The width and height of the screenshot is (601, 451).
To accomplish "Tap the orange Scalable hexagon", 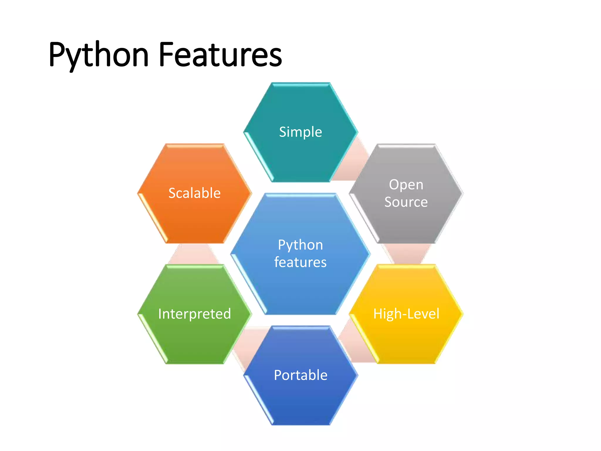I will click(x=195, y=217).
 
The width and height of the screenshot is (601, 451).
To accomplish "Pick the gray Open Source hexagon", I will click(x=406, y=223).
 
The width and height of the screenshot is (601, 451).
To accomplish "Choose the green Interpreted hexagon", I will click(x=195, y=338).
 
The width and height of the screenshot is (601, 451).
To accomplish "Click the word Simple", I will click(x=300, y=132).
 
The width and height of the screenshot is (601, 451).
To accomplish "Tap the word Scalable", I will click(x=195, y=193).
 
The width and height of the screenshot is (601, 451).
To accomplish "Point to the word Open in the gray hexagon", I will click(x=406, y=185).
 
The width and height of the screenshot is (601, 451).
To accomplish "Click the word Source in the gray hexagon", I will click(x=406, y=202).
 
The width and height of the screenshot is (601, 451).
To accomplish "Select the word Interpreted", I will click(x=195, y=314).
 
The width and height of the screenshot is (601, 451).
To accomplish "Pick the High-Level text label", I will click(x=406, y=314).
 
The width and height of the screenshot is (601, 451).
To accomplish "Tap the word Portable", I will click(x=300, y=375).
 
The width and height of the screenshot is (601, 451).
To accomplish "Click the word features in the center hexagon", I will click(x=300, y=262).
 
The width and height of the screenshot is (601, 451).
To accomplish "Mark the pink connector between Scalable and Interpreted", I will click(x=194, y=254).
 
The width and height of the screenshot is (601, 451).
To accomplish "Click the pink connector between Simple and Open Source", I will click(x=352, y=164).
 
